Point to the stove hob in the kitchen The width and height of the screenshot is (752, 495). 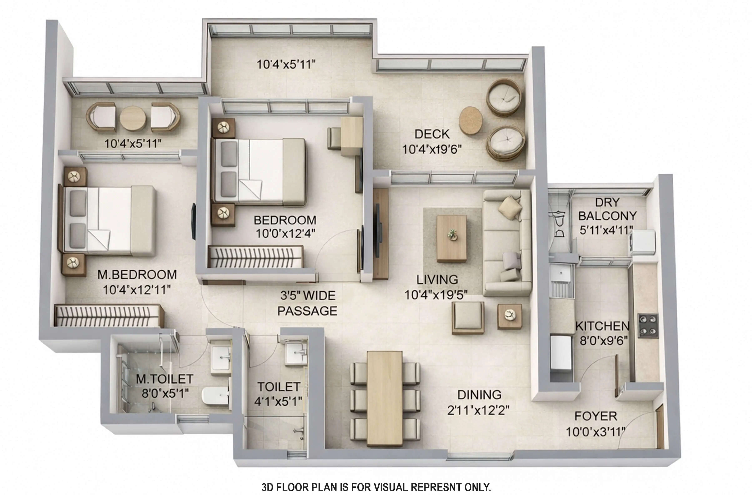tap(648, 325)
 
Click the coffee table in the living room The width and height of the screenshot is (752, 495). tap(452, 238)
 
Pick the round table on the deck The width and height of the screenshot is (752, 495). tap(470, 120)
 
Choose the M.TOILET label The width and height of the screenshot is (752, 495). tap(164, 379)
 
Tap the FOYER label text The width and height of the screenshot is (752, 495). tap(596, 416)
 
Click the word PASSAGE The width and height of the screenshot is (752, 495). tap(307, 311)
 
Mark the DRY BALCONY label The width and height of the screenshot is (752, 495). tap(607, 209)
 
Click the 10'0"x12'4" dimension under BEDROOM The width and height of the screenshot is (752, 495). tap(285, 234)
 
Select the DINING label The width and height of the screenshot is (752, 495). tap(479, 395)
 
